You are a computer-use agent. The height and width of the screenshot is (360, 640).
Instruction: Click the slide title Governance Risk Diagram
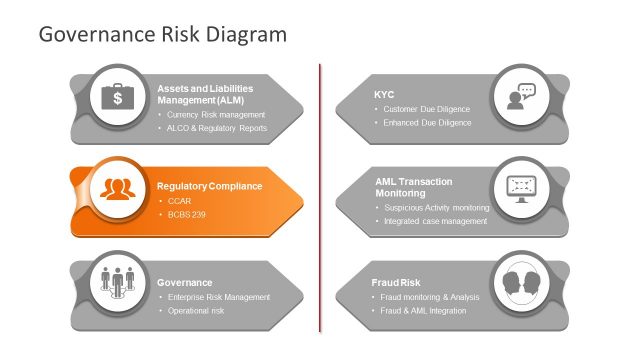(162, 34)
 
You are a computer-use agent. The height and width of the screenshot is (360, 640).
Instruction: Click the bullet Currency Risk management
(215, 114)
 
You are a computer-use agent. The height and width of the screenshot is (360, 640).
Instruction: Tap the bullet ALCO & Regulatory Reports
(217, 128)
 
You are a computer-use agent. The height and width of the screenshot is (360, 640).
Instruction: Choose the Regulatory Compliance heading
(210, 186)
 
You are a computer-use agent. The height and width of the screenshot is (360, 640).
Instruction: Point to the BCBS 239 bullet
(186, 215)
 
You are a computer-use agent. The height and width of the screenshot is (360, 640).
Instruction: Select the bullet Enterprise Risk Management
(218, 297)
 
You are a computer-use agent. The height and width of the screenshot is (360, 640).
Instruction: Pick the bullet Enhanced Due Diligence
(426, 122)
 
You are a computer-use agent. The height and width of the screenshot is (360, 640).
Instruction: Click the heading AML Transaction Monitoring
(414, 187)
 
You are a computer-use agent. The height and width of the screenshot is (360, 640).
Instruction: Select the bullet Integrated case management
(435, 221)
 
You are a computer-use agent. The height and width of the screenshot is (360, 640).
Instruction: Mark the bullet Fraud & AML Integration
(424, 311)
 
